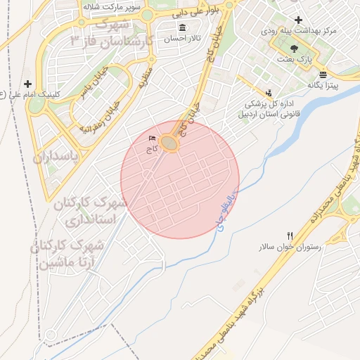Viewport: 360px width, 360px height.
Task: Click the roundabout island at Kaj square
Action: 169,143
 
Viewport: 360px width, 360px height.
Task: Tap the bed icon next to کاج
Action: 153,139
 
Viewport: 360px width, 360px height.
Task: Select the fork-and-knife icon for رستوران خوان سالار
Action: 290,236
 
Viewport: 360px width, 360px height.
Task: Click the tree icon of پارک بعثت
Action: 293,49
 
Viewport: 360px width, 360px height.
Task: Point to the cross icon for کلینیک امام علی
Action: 28,84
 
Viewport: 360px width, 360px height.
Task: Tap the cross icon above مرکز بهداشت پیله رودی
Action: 299,20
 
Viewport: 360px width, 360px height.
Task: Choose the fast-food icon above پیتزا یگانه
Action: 323,75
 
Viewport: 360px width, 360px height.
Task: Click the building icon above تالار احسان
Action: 183,28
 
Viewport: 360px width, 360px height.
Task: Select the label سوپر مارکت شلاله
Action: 121,7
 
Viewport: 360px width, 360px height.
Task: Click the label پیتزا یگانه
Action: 323,85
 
